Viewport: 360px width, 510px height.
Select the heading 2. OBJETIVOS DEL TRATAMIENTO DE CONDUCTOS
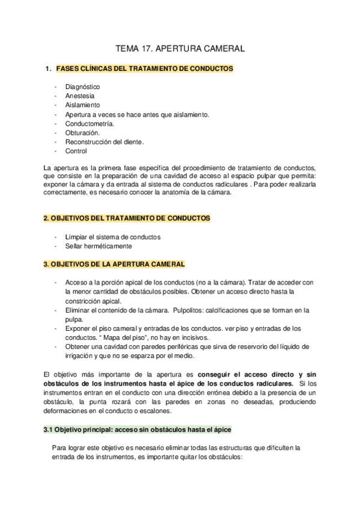click(127, 218)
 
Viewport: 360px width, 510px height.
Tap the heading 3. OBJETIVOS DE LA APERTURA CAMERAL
click(114, 264)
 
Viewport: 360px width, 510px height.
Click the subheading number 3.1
click(49, 431)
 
